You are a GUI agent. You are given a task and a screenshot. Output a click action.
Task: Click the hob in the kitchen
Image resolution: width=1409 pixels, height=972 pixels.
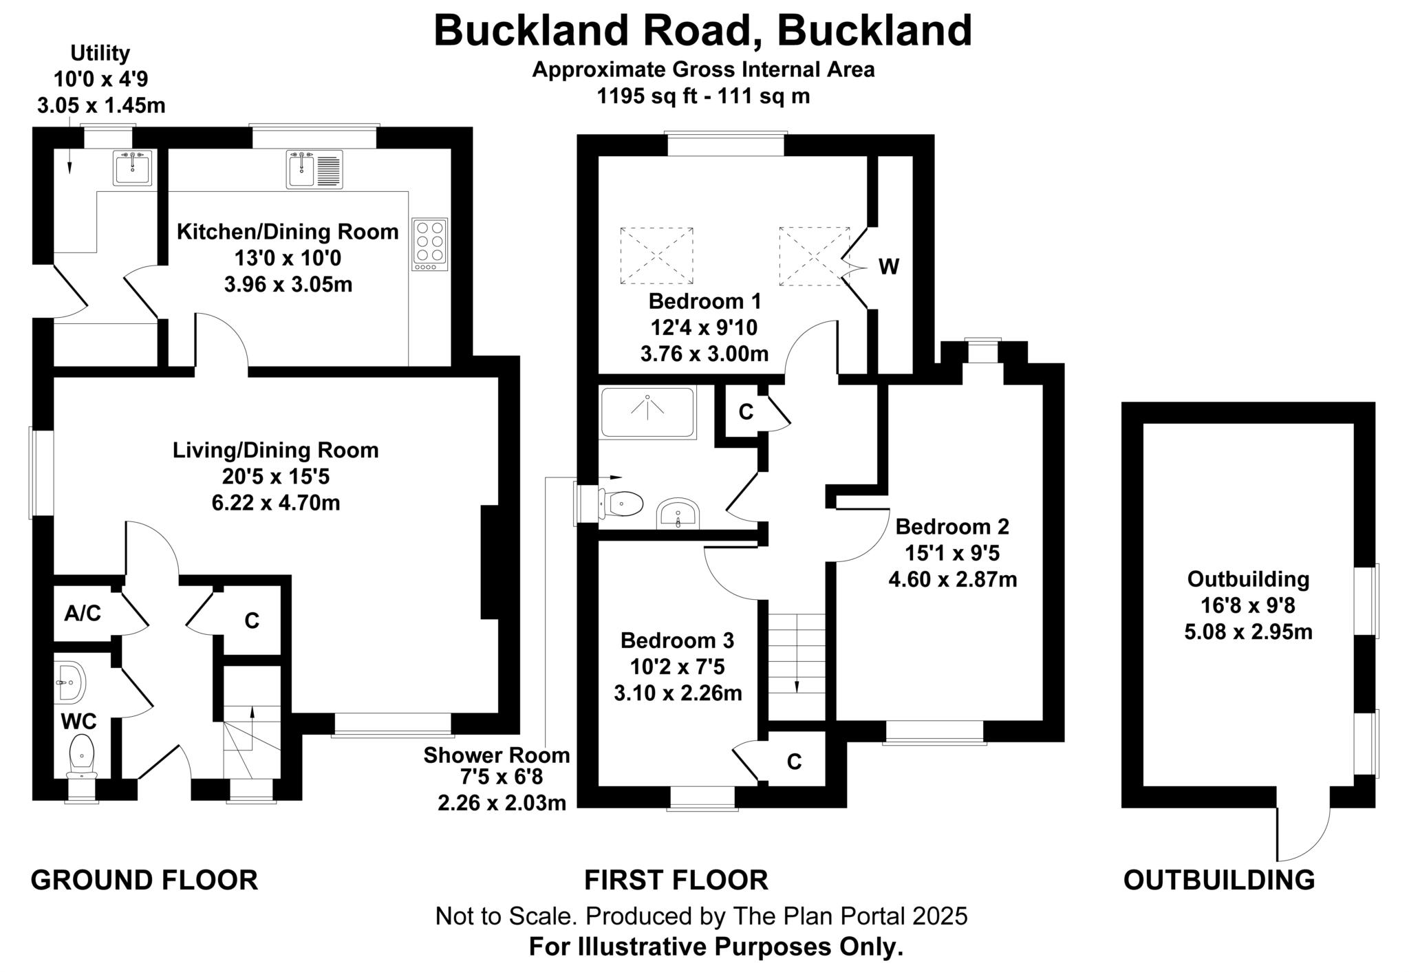coord(430,244)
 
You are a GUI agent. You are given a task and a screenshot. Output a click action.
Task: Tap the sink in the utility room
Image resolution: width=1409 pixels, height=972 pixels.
coord(133,168)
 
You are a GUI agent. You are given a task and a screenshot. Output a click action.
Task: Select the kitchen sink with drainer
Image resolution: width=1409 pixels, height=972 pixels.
coord(314,169)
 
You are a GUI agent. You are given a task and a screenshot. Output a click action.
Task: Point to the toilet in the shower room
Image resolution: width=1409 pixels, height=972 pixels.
coord(623,504)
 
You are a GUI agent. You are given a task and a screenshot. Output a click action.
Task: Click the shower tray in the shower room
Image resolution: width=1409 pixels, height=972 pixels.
coord(647,412)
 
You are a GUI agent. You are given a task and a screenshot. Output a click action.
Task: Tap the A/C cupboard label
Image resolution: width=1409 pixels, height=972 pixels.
coord(83,614)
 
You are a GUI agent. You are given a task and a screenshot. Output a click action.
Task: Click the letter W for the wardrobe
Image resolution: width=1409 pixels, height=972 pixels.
coord(888,267)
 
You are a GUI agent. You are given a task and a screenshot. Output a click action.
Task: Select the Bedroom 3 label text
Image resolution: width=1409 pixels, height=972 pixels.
coord(677,640)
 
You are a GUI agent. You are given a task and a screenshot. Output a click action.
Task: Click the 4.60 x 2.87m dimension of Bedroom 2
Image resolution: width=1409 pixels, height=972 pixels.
coord(952,579)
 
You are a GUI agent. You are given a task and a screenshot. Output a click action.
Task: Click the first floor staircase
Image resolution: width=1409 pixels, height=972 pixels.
coord(797,654)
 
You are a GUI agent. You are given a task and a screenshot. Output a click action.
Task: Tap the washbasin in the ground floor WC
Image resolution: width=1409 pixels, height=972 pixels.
coord(70,682)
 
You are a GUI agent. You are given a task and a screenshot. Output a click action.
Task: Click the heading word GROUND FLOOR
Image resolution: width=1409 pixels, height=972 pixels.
coord(144,880)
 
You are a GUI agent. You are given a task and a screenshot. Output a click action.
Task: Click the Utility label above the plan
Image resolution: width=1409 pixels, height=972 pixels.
coord(100,53)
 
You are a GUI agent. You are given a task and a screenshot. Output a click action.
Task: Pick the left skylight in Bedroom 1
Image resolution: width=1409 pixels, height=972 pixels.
coord(656,256)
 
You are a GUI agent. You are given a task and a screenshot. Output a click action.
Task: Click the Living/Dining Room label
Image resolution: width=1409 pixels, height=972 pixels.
coord(275,451)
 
